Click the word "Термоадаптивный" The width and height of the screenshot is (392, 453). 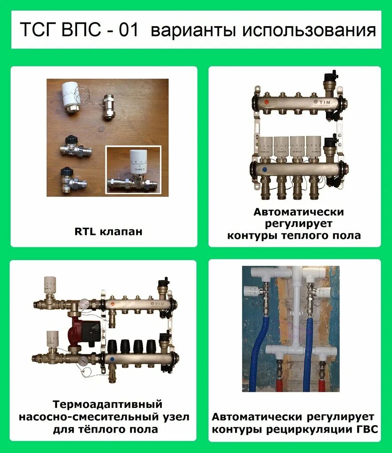click(108, 405)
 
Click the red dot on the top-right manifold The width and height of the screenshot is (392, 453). click(265, 102)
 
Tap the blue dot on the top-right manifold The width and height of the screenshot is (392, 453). click(264, 169)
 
